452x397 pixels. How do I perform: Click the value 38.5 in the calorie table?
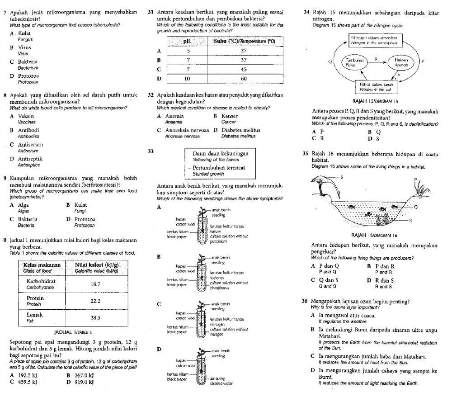[x=95, y=318]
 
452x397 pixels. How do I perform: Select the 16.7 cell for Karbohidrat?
[x=95, y=284]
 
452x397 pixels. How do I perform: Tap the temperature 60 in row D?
[x=244, y=78]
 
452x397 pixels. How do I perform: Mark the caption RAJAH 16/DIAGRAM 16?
[x=374, y=235]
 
